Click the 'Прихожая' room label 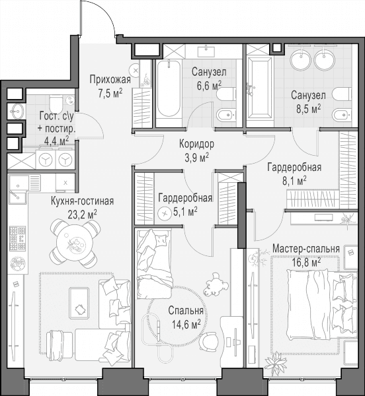110,80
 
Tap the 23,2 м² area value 83,214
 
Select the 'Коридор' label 196,144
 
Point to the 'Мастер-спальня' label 305,249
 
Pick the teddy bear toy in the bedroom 216,284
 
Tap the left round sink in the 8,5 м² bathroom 300,59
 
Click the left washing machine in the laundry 46,160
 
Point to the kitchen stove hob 17,238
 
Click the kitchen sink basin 19,184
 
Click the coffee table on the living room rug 79,303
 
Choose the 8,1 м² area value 294,181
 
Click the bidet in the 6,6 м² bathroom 226,115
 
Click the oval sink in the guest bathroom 17,111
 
